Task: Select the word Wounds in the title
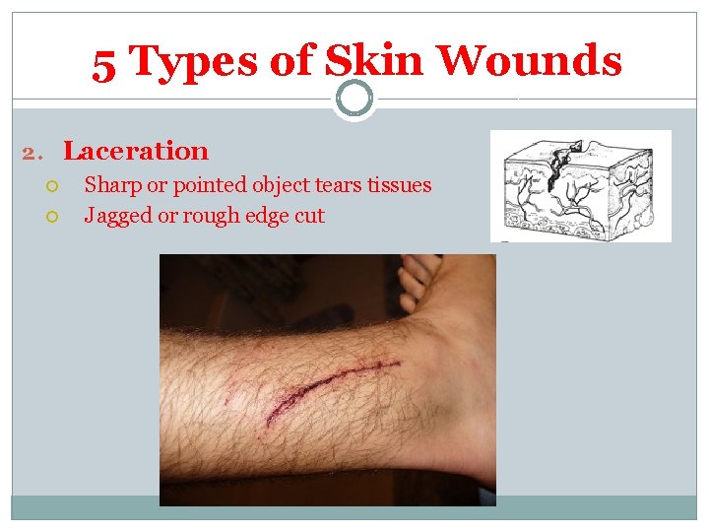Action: point(530,62)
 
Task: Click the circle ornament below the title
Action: point(354,99)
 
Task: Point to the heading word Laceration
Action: point(136,152)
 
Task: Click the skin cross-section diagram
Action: point(580,186)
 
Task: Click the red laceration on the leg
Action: point(325,385)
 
